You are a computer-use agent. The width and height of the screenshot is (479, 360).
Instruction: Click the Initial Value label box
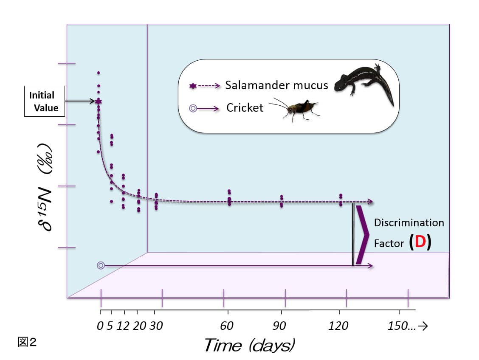[x=44, y=102]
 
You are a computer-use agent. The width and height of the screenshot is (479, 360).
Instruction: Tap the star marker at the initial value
[x=99, y=101]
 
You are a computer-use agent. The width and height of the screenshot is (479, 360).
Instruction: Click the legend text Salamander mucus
[x=276, y=85]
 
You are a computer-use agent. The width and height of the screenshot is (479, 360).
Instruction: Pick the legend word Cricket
[x=245, y=108]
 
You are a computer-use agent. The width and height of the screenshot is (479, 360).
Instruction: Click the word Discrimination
[x=409, y=223]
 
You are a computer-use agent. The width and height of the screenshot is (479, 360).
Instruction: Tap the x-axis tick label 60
[x=228, y=326]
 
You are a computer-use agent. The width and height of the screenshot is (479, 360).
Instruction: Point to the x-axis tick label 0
[x=100, y=326]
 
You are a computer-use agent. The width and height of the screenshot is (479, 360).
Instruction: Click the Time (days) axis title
[x=249, y=345]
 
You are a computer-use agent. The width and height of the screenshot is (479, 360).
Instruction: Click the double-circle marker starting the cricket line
[x=101, y=265]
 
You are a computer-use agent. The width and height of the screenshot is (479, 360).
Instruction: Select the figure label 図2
[x=27, y=342]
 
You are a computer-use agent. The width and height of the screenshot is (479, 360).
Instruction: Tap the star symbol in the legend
[x=193, y=86]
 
